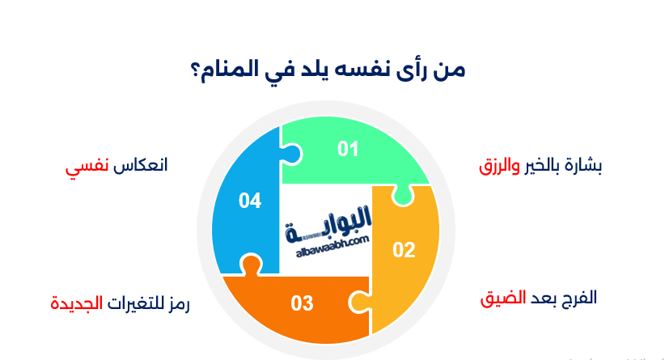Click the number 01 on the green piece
click(x=348, y=149)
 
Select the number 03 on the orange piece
click(x=302, y=304)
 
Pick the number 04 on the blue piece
click(x=250, y=200)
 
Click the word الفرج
click(x=578, y=297)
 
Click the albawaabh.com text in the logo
click(x=328, y=241)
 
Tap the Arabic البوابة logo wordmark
click(x=328, y=221)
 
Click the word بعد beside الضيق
click(x=542, y=297)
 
